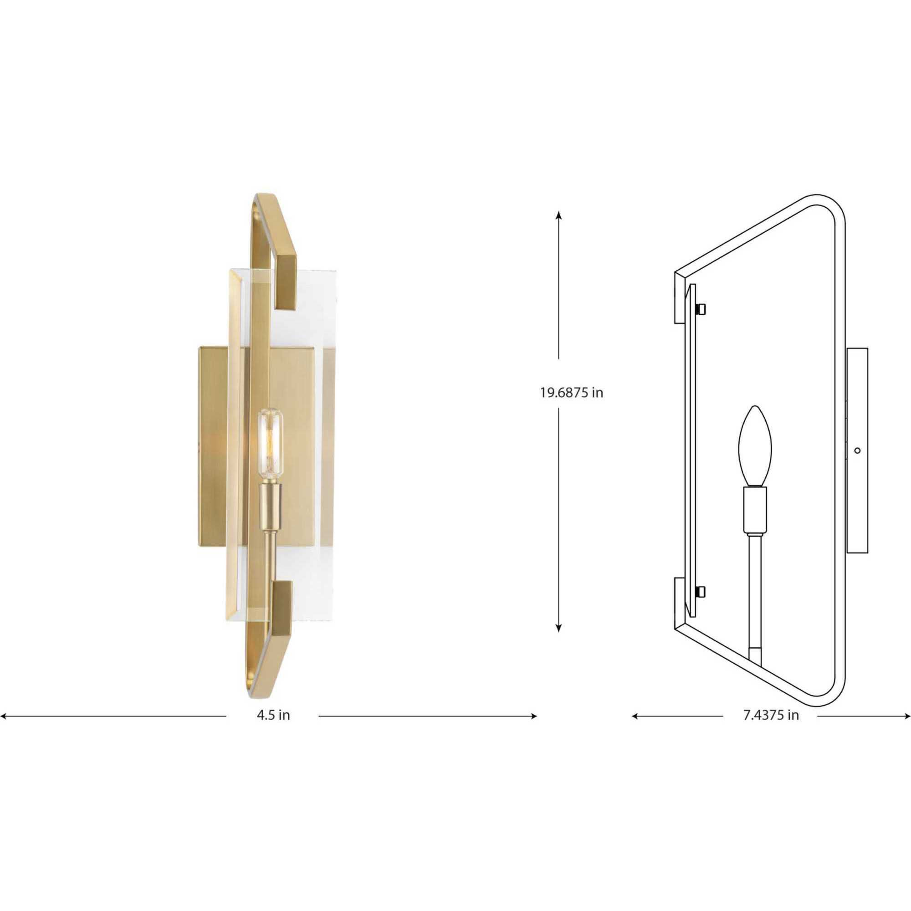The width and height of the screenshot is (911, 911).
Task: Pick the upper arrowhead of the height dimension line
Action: click(x=559, y=215)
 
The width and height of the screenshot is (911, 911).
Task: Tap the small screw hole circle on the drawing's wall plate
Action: click(x=857, y=450)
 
